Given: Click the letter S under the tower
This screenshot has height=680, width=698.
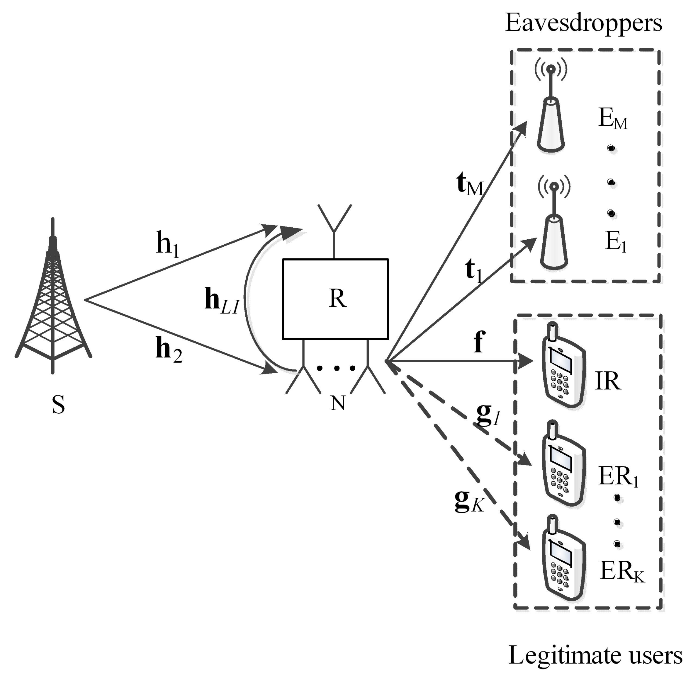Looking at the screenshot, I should (58, 405).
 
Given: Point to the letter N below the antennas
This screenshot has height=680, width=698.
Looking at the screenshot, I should (338, 403).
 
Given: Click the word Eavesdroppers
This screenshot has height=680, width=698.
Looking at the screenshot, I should (583, 23).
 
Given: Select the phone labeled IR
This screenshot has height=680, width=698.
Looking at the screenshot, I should (563, 366).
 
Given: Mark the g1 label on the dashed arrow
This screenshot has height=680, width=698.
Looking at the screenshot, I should (487, 415).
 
